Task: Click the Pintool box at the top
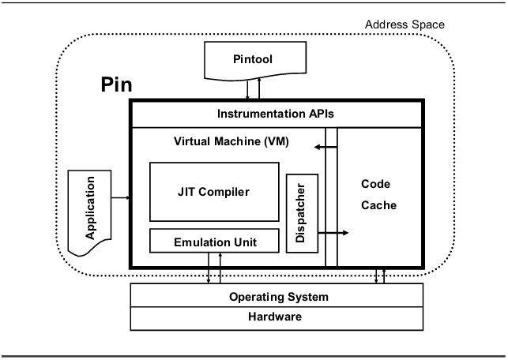click(x=251, y=58)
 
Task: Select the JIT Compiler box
click(x=213, y=191)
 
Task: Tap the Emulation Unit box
click(x=215, y=240)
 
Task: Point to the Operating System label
click(x=278, y=298)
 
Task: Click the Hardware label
click(x=278, y=317)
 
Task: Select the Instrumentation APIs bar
click(x=277, y=114)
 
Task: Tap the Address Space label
click(x=405, y=24)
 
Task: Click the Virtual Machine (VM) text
click(x=231, y=142)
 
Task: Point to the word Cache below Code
click(x=379, y=205)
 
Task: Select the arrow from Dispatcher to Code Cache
click(x=332, y=233)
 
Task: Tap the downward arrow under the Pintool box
click(x=247, y=89)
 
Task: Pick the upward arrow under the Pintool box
click(x=258, y=89)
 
